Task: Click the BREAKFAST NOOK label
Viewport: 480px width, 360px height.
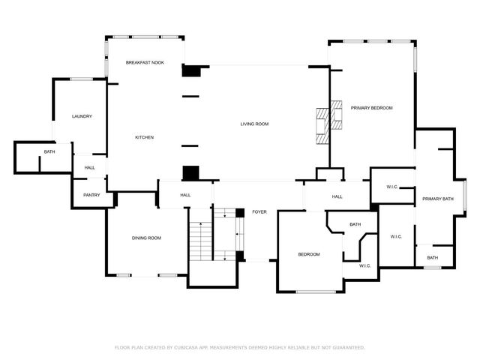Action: [x=145, y=62]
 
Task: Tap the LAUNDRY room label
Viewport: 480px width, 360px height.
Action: [x=82, y=116]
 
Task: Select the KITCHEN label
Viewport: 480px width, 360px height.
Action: [x=144, y=137]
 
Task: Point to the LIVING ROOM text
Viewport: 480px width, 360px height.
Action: [x=254, y=124]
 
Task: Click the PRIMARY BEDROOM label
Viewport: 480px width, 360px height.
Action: [x=371, y=108]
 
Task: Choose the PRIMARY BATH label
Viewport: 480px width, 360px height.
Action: [x=437, y=199]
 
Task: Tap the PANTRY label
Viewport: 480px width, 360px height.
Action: [x=91, y=195]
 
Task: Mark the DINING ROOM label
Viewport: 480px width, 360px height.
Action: [x=146, y=238]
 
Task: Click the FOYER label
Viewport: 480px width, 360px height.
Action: [x=259, y=211]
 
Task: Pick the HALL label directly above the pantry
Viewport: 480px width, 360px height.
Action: [x=89, y=167]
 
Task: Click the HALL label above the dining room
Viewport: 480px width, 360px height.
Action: [x=185, y=195]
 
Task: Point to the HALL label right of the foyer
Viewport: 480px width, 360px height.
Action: [x=337, y=196]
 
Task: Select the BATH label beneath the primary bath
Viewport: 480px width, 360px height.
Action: [x=433, y=258]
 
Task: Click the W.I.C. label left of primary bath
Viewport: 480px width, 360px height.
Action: [x=391, y=186]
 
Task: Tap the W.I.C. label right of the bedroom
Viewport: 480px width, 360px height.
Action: [x=364, y=265]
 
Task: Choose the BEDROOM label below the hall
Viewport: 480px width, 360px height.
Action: [x=309, y=254]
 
